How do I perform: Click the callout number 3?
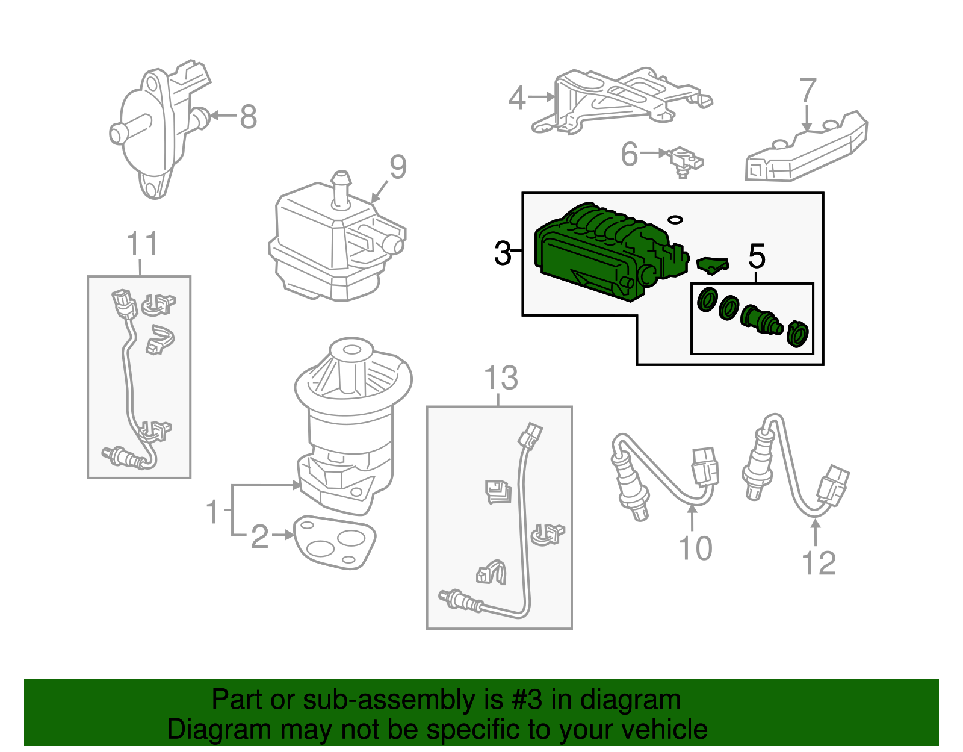pos(502,253)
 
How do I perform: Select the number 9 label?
pos(398,167)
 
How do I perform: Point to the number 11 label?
pos(142,244)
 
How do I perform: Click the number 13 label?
pos(501,379)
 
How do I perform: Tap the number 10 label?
pos(695,548)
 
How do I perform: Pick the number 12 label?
pos(819,564)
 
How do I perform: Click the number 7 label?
pos(807,91)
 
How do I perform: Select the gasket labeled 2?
pos(334,542)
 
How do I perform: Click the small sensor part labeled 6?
pos(685,160)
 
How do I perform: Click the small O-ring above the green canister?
pos(675,219)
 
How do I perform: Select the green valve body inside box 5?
pos(760,319)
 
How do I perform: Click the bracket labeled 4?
pos(620,99)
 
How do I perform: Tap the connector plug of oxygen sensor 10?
pos(705,466)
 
